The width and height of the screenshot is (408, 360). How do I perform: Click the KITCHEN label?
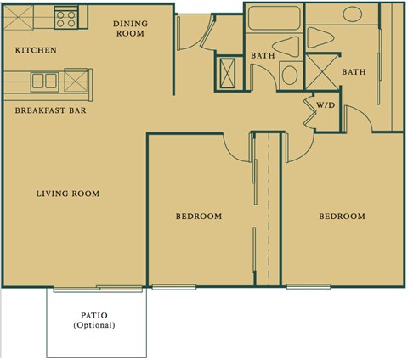[36, 51]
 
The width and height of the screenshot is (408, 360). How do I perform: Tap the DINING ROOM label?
[129, 29]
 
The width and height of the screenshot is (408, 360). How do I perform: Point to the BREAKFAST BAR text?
[50, 110]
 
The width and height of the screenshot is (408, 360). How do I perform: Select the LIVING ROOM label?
[68, 194]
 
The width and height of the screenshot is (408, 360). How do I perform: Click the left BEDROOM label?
[199, 217]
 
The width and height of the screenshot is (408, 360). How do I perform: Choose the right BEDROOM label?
[342, 217]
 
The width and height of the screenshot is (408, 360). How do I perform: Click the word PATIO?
[93, 315]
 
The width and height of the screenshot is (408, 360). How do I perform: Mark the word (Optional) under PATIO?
[93, 325]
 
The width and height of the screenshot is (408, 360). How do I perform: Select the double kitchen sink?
[44, 82]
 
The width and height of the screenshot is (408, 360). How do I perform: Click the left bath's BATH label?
[263, 56]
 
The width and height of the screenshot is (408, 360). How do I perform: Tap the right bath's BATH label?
[354, 72]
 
